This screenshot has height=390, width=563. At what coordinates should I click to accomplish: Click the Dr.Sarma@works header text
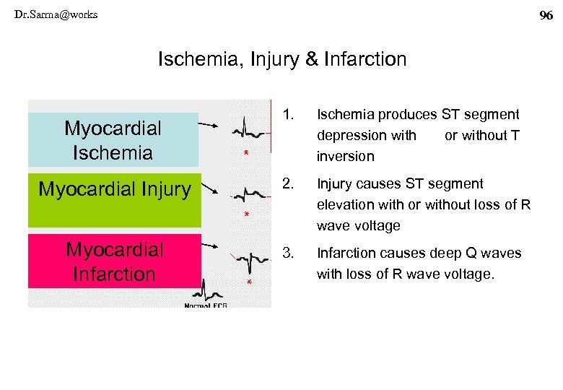click(56, 14)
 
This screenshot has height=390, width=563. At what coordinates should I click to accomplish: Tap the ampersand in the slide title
click(312, 59)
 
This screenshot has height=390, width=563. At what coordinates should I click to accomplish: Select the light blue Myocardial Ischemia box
click(113, 140)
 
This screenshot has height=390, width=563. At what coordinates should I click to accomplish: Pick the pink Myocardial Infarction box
click(114, 261)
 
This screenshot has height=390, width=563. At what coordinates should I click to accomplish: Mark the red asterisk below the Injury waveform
click(247, 215)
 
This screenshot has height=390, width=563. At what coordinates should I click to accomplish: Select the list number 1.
click(289, 114)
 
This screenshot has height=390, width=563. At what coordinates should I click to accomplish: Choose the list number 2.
click(289, 183)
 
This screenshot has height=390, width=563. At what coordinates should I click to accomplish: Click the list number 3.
click(289, 253)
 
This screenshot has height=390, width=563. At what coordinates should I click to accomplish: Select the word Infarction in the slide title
click(367, 59)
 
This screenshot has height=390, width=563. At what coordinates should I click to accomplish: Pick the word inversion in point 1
click(346, 156)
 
